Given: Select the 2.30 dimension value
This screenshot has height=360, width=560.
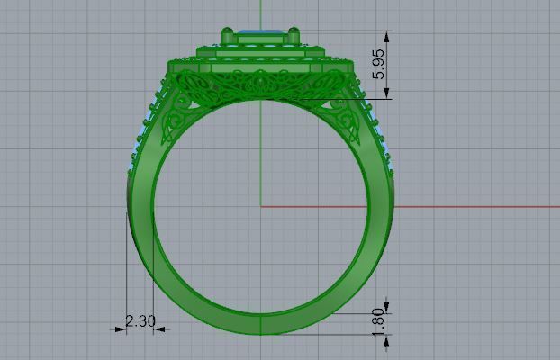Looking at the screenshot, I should pyautogui.click(x=140, y=320).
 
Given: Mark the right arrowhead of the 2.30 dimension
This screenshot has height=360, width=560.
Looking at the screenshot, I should pyautogui.click(x=159, y=329).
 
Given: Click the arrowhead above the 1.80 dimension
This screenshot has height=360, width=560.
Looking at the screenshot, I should pyautogui.click(x=387, y=304).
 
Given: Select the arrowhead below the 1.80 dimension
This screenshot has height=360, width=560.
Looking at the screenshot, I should pyautogui.click(x=387, y=335).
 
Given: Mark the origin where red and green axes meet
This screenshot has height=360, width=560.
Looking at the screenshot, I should pyautogui.click(x=259, y=206).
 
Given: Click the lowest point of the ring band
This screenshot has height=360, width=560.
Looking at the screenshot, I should pyautogui.click(x=259, y=334).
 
